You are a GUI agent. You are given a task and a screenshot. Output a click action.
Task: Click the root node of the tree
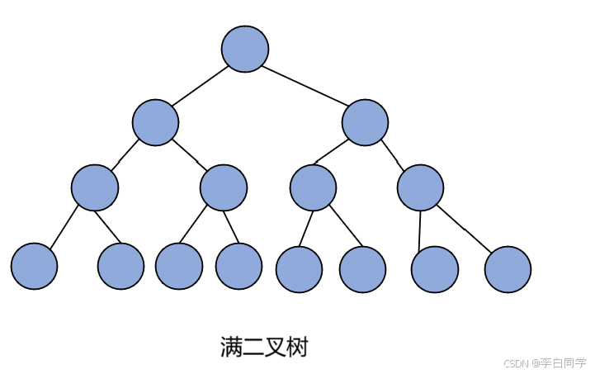(x=245, y=49)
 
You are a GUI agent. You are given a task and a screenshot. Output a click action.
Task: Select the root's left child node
(x=155, y=122)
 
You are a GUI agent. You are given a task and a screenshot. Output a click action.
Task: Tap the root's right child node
(x=365, y=122)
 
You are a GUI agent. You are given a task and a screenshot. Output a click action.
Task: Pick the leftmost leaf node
(x=35, y=266)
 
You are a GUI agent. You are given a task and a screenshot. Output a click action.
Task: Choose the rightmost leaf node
(x=508, y=269)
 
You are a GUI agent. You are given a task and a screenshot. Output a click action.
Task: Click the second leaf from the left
(x=120, y=266)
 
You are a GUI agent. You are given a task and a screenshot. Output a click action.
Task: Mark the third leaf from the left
(x=179, y=266)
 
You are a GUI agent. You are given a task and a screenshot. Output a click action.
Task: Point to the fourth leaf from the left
(x=238, y=266)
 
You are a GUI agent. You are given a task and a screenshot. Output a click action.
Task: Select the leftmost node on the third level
(x=95, y=187)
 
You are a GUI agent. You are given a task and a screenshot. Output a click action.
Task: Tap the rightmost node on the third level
(x=420, y=187)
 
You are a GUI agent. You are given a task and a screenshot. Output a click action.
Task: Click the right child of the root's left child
(x=224, y=187)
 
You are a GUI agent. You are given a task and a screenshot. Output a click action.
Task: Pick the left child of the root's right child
(x=313, y=187)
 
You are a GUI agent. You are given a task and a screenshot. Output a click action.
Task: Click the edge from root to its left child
(x=200, y=86)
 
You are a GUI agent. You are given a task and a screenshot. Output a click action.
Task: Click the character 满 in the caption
(x=231, y=347)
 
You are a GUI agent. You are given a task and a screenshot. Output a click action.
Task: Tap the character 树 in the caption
(x=297, y=347)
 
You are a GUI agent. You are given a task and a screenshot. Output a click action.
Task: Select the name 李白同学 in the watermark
(x=563, y=363)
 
